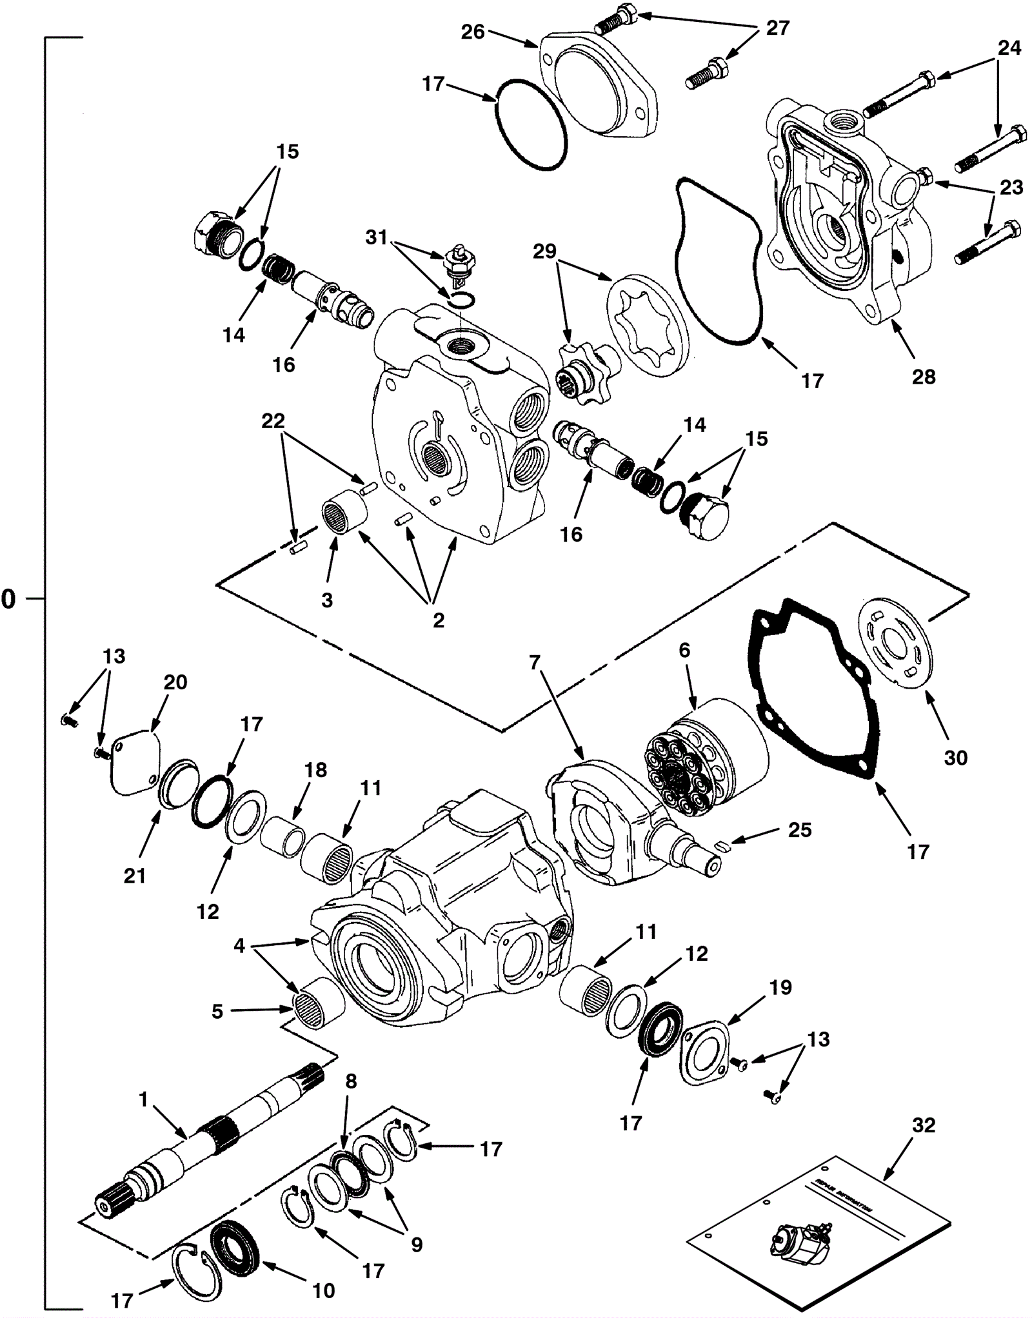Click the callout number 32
[924, 1125]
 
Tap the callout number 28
[924, 377]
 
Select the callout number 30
[955, 758]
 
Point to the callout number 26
[473, 32]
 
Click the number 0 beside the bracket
[8, 599]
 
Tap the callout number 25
[800, 829]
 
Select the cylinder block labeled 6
[706, 758]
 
